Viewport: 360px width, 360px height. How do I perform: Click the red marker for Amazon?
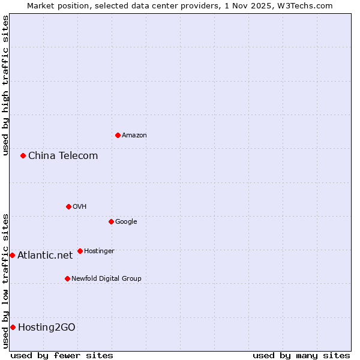(x=118, y=135)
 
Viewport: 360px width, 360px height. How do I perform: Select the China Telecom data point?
(x=23, y=155)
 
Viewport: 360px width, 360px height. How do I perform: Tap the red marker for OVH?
(x=68, y=206)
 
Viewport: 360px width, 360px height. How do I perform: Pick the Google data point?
(x=111, y=221)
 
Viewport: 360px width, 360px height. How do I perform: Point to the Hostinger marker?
(x=80, y=251)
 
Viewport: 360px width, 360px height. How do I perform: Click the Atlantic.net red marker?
(x=12, y=255)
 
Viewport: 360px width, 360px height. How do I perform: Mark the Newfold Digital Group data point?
(x=67, y=278)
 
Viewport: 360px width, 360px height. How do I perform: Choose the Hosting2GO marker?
(x=13, y=327)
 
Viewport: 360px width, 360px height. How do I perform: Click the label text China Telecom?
(x=63, y=156)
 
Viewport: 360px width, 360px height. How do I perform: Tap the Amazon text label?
(x=134, y=136)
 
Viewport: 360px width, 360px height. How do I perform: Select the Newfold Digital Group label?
(x=106, y=278)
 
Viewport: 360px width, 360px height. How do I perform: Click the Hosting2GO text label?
(x=47, y=328)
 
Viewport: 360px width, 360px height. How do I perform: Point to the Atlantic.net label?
(x=45, y=256)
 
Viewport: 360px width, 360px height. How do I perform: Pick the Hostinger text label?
(x=99, y=251)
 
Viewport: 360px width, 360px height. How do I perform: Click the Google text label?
(x=126, y=222)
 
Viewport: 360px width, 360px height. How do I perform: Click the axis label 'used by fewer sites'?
(x=62, y=355)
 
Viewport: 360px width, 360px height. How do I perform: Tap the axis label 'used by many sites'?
(x=301, y=355)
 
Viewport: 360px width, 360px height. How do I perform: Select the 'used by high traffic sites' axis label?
(x=5, y=85)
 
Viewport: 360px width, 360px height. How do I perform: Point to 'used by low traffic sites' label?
(x=5, y=281)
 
